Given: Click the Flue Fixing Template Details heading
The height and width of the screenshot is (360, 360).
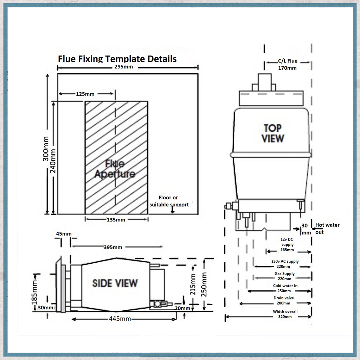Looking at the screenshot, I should tap(117, 58).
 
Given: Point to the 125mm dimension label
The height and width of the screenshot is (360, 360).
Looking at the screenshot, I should tap(85, 94).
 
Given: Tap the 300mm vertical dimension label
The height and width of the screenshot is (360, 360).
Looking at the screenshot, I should tap(46, 149).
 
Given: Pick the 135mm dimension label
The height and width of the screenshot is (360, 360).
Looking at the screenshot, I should tap(116, 220).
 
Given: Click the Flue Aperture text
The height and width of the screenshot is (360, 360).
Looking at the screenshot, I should tap(115, 169).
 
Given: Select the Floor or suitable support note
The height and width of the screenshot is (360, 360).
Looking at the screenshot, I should tap(169, 201).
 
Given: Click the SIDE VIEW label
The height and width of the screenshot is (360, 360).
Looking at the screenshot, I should tap(115, 283).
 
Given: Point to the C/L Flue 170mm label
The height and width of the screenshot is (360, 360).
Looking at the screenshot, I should tap(287, 64).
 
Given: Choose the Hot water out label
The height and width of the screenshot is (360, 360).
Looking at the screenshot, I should tap(327, 228).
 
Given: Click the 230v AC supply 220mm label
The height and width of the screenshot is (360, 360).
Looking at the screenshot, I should tap(285, 264).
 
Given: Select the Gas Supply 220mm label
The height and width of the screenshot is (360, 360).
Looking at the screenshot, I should tap(284, 276).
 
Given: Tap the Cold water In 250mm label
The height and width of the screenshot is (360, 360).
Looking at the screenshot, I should tap(285, 288).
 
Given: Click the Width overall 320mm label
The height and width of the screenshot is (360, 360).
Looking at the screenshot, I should tap(285, 314).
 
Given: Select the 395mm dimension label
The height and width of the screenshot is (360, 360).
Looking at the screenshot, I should tap(113, 247).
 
